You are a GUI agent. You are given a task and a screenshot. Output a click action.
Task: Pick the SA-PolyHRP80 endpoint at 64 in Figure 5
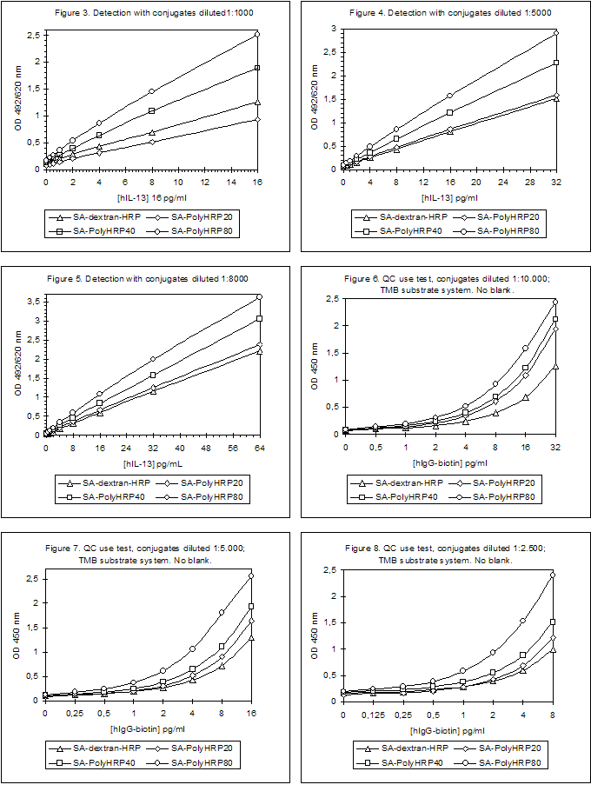(x=259, y=297)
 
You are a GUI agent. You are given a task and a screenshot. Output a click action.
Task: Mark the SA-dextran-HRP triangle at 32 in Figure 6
(x=554, y=367)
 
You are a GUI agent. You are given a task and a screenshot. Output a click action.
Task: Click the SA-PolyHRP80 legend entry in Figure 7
(x=203, y=761)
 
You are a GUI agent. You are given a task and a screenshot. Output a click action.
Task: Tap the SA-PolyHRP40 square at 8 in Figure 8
(x=553, y=622)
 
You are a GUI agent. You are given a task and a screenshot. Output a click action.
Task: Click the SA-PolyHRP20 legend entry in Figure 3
(x=203, y=216)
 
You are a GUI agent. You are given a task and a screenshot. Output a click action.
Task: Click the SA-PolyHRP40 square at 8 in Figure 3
(x=151, y=111)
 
